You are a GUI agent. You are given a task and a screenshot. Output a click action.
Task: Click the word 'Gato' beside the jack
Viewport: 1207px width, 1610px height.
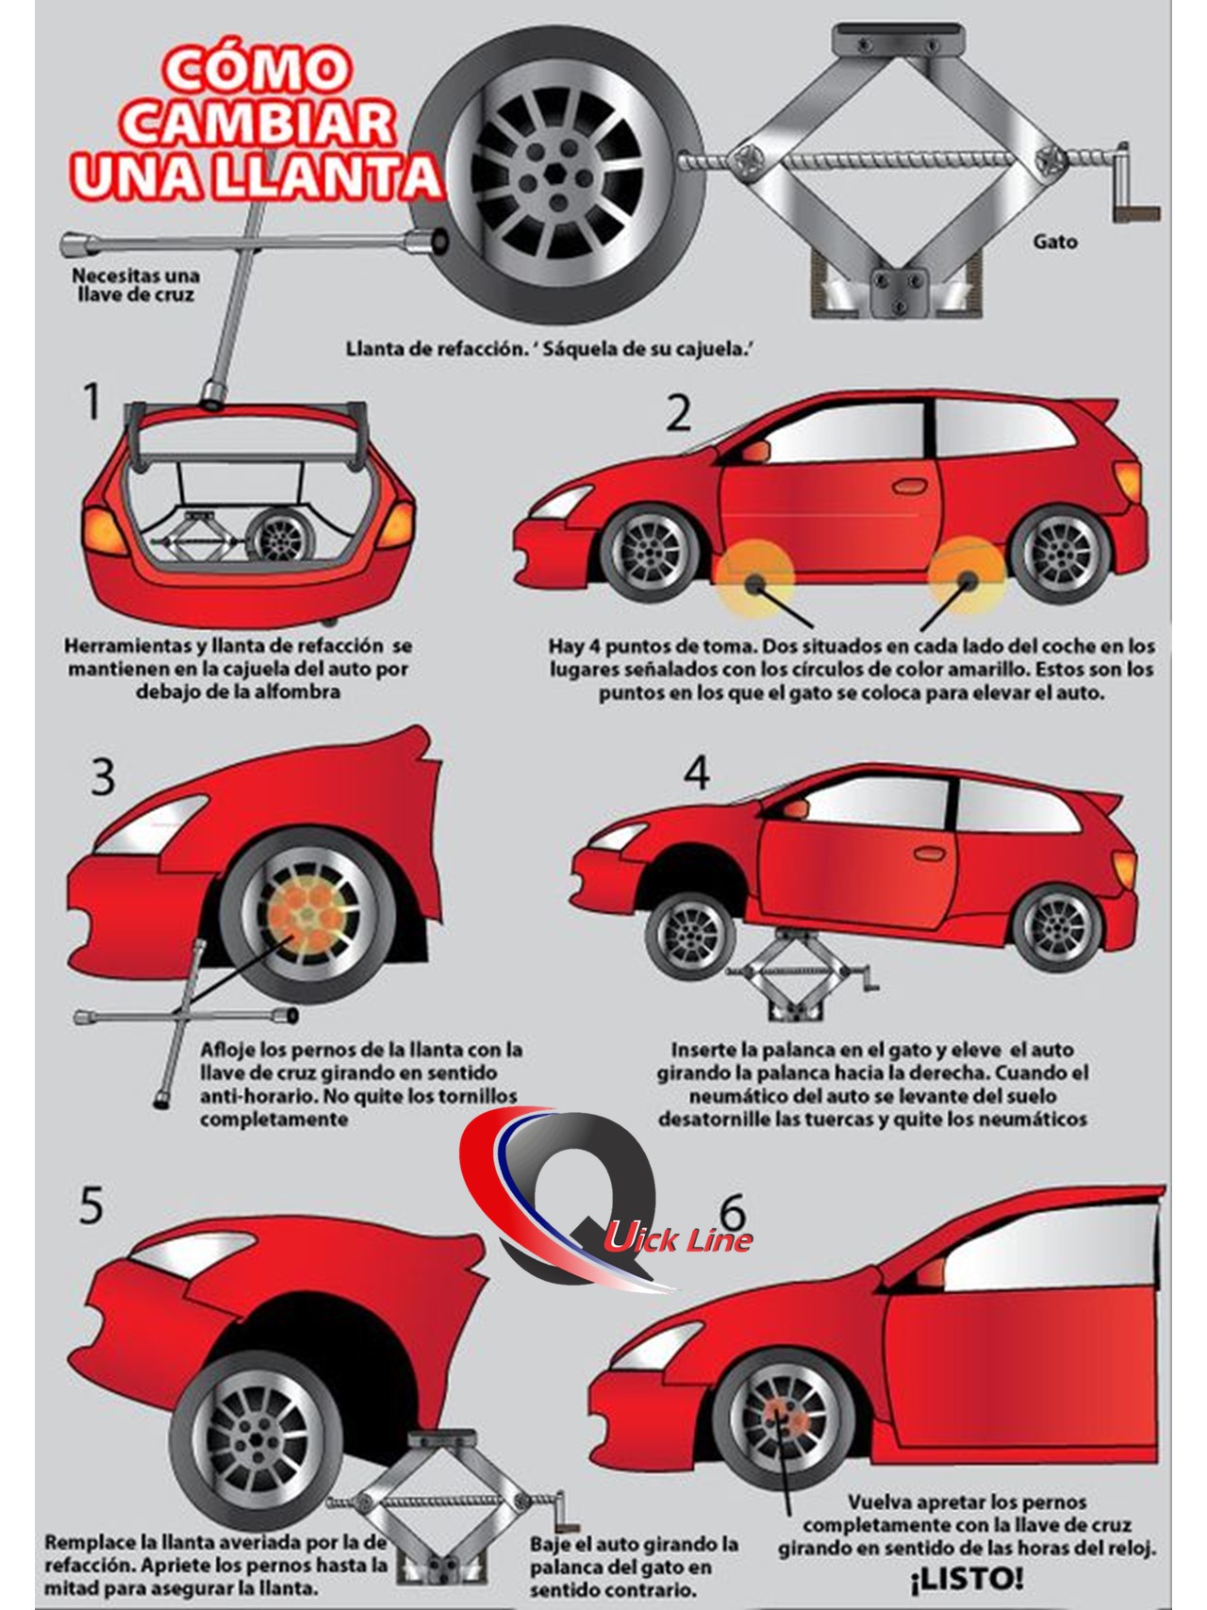[1054, 241]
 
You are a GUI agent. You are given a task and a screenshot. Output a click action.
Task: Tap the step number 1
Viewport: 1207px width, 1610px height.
[91, 402]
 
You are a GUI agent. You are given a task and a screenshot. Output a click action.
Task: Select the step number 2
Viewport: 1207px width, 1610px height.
[678, 413]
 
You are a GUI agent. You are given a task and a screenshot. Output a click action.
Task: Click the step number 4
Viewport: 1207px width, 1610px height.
[697, 773]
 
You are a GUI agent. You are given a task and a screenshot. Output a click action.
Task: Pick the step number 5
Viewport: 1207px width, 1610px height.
[91, 1207]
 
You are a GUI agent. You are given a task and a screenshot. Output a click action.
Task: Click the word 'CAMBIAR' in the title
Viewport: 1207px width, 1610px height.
[254, 127]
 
